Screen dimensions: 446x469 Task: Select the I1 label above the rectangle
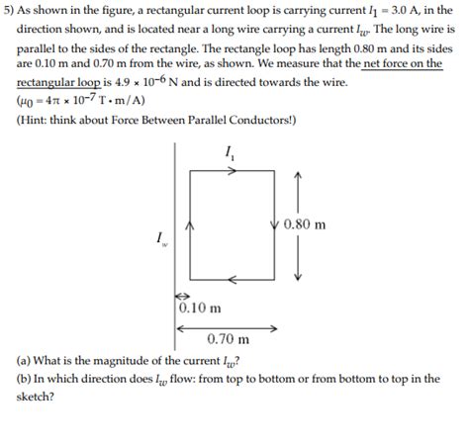pyautogui.click(x=232, y=152)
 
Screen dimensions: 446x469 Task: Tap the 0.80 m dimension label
pyautogui.click(x=305, y=224)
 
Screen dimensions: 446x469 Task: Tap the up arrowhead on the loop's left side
pyautogui.click(x=190, y=225)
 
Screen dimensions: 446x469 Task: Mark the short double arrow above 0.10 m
pyautogui.click(x=182, y=296)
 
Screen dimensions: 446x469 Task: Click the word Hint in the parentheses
pyautogui.click(x=38, y=120)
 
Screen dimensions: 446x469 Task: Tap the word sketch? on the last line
pyautogui.click(x=36, y=397)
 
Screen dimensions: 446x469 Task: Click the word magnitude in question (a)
pyautogui.click(x=124, y=360)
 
